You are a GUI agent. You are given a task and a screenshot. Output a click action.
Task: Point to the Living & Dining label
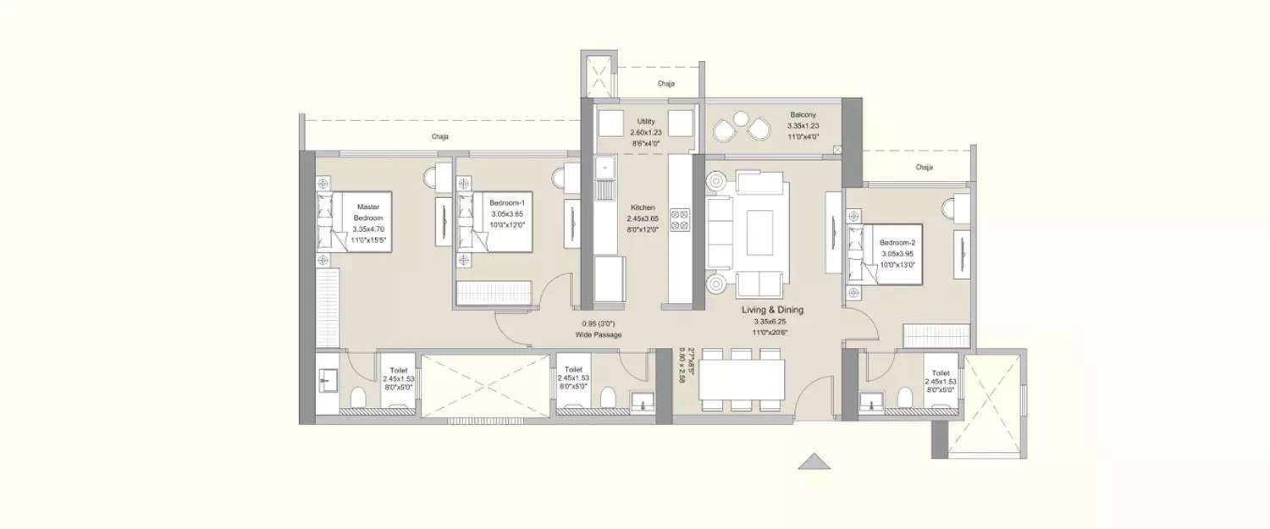tap(772, 311)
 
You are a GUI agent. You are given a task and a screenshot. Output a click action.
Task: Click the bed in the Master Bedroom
tap(356, 221)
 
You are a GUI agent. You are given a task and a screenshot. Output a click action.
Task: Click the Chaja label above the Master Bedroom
tap(439, 136)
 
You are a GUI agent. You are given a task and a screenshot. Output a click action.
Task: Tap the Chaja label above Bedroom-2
tap(924, 168)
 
